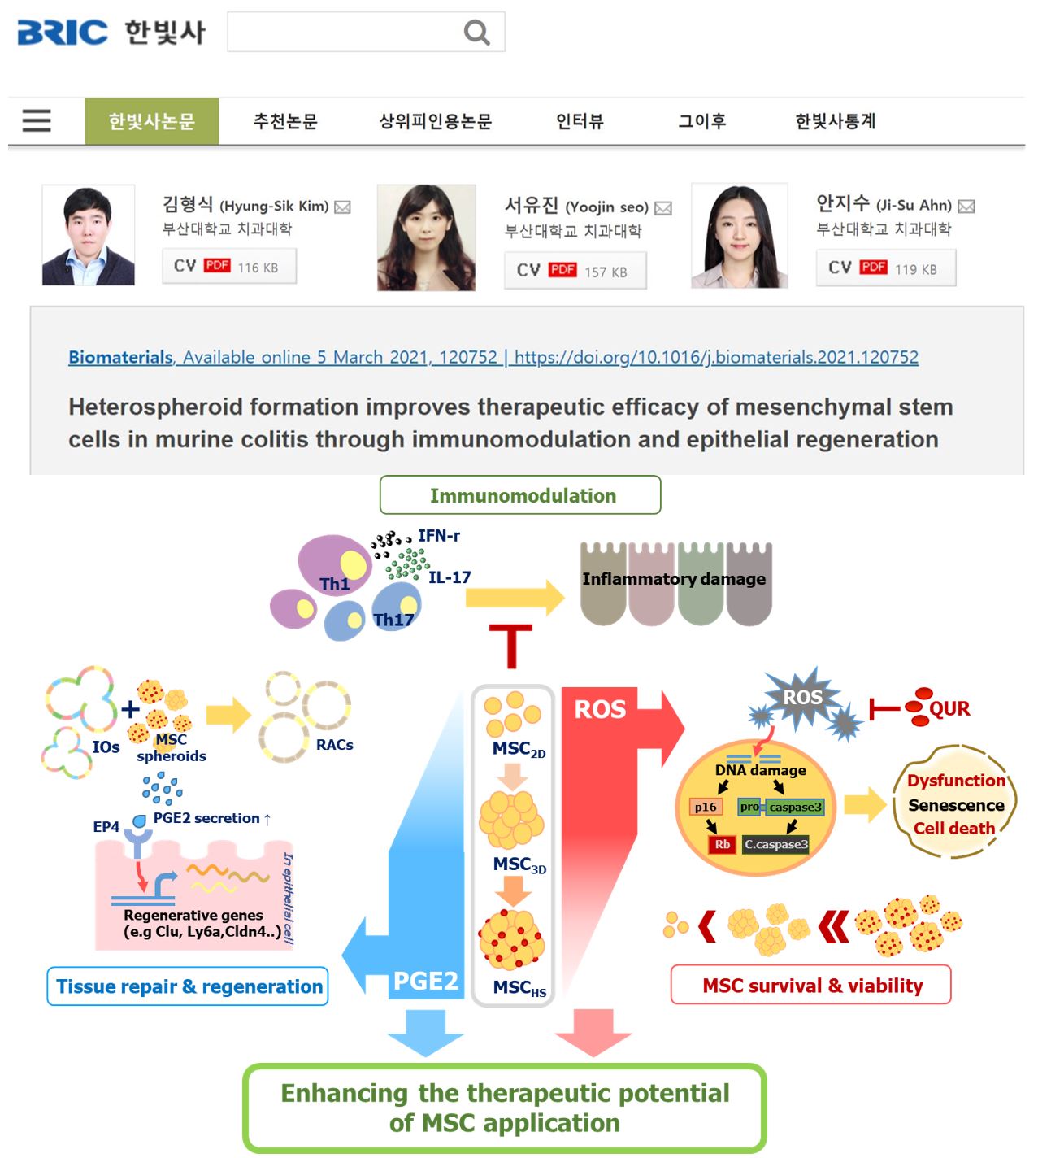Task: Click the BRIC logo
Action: tap(63, 32)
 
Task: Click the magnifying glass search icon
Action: tap(476, 33)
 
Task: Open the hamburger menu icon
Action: tap(37, 121)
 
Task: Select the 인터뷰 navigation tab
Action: tap(580, 122)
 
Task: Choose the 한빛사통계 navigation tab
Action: tap(835, 122)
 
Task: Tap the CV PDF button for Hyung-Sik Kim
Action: tap(228, 267)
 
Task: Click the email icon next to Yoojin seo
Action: tap(663, 208)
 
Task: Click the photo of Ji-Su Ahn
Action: tap(740, 236)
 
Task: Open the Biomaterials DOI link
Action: tap(716, 357)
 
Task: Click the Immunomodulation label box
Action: tap(520, 495)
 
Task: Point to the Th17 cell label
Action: tap(393, 620)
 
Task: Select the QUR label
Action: tap(949, 708)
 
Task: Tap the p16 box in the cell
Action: tap(706, 807)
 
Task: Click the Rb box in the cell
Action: tap(722, 844)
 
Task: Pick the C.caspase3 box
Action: tap(776, 844)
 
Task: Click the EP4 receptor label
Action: tap(106, 826)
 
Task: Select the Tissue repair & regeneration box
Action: tap(188, 986)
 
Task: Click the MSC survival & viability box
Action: tap(811, 986)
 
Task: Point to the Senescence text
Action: tap(956, 805)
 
